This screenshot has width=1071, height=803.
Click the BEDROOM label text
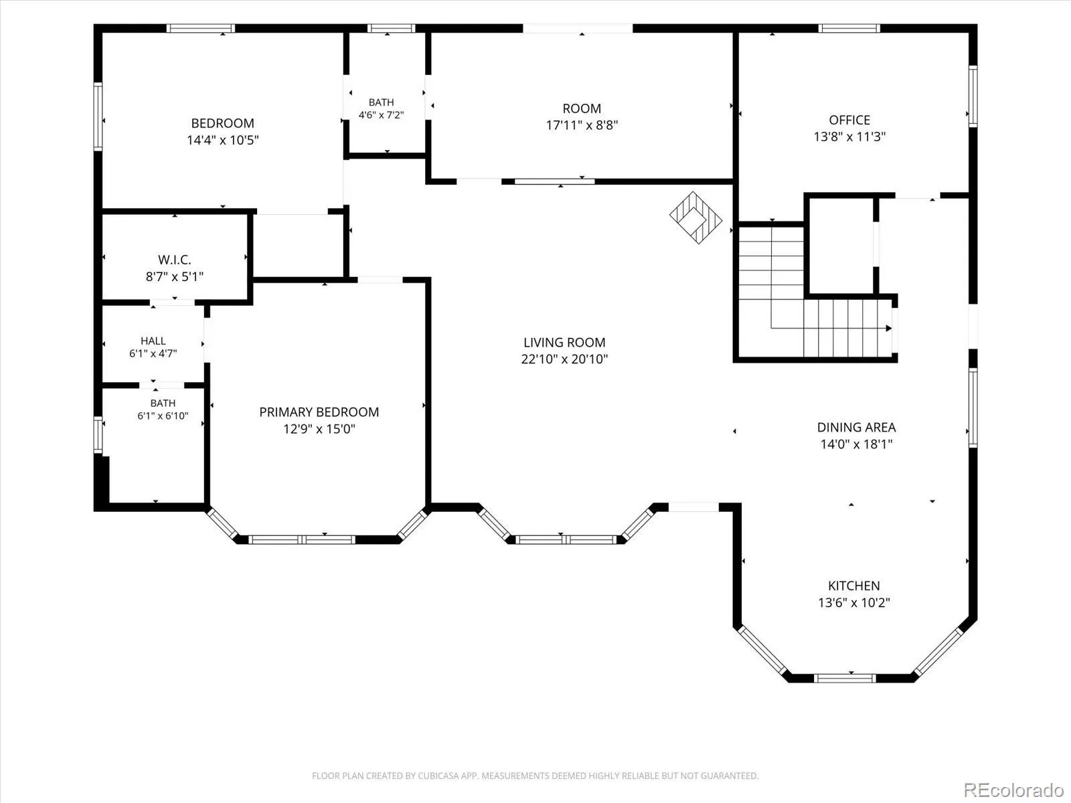pos(222,123)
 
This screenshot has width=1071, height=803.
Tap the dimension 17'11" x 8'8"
pos(582,125)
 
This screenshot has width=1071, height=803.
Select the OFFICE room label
pos(849,120)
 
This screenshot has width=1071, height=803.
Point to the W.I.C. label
pos(174,260)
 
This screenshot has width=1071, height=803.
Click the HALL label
pos(153,341)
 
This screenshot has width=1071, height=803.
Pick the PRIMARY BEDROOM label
pos(319,412)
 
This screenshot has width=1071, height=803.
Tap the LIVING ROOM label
pos(564,342)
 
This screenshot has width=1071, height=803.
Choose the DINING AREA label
pos(856,427)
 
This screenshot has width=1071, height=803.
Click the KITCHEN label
pos(854,586)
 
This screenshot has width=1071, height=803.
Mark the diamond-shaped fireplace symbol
pos(695,218)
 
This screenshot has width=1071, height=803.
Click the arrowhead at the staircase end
pos(888,328)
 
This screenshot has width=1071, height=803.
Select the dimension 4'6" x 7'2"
pos(381,115)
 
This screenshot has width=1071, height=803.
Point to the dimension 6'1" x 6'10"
pos(163,416)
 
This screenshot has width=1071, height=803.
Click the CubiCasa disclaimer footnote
pos(535,776)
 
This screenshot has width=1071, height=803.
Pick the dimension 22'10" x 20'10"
pos(564,359)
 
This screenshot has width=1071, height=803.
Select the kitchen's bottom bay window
pos(845,678)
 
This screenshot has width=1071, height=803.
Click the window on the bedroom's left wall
pos(98,116)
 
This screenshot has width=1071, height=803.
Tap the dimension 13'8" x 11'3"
pos(849,137)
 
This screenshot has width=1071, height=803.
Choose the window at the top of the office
pos(849,28)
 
